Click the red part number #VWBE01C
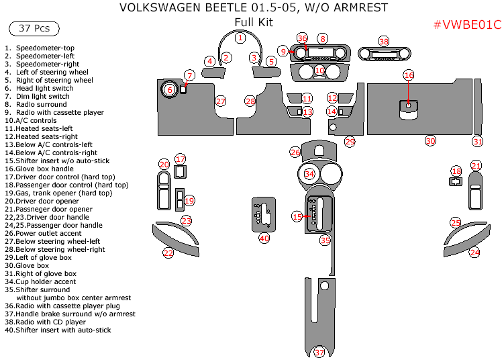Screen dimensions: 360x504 pos(467,25)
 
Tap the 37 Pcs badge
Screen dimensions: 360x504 pos(34,28)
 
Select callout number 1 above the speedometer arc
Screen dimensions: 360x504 pos(240,38)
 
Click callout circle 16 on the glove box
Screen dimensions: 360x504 pos(409,75)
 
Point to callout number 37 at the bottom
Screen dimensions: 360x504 pos(319,353)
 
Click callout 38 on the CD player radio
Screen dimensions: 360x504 pos(383,42)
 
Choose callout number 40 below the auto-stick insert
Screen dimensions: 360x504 pos(264,238)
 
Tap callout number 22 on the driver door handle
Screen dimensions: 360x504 pos(168,253)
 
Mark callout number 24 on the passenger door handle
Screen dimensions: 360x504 pos(474,252)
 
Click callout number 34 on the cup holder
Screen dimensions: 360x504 pos(309,174)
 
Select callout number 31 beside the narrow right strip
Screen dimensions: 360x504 pos(477,141)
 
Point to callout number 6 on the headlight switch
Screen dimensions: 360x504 pos(169,89)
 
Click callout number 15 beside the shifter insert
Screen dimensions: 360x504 pos(297,216)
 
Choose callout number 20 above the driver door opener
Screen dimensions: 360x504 pos(164,165)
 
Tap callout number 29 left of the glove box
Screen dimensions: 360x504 pos(349,141)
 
